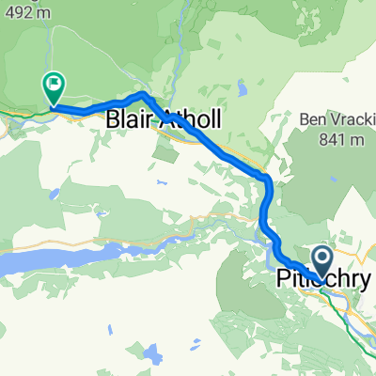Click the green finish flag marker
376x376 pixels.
click(53, 87)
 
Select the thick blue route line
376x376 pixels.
click(226, 155)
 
